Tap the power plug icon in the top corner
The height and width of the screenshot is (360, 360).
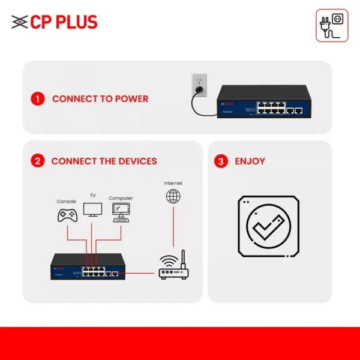332,25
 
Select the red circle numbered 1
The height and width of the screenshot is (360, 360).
38,98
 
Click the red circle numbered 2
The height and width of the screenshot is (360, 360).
38,161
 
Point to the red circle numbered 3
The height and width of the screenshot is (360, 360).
221,161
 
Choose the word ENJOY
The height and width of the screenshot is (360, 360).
250,161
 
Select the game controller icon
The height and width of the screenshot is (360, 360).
66,215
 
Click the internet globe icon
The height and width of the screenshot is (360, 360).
173,196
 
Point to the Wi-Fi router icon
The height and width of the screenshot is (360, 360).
173,268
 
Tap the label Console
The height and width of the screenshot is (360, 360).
66,202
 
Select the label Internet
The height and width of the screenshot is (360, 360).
173,183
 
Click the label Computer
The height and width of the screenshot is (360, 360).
121,198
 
